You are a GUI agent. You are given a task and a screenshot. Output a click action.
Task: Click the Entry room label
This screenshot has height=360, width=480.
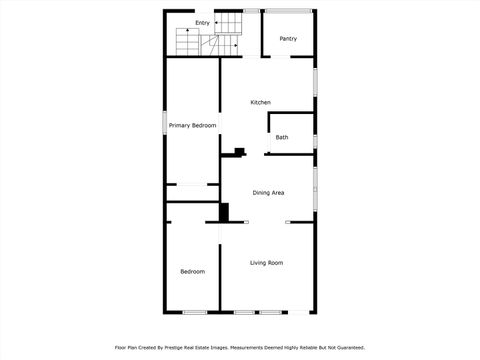point(202,22)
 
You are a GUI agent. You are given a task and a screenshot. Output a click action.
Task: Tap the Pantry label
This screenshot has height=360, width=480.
point(288,39)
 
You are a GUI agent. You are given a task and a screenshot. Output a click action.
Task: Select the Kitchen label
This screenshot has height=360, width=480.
point(260,102)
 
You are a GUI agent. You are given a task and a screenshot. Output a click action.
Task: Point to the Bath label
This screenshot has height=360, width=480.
point(282,137)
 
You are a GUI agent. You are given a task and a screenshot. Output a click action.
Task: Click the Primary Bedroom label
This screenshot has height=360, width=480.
point(192,125)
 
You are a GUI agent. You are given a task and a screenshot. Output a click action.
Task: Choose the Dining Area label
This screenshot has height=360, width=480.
point(268,192)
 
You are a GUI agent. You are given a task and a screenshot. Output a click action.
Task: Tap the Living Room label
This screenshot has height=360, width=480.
point(266,262)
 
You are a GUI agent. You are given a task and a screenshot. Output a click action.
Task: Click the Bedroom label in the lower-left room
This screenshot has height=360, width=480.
point(192,271)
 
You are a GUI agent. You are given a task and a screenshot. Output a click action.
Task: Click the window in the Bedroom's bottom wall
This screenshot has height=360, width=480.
point(194,313)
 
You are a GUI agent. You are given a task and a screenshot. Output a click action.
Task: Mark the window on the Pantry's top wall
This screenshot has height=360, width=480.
point(288,11)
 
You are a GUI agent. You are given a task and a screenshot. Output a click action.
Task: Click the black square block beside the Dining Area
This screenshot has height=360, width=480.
point(224,212)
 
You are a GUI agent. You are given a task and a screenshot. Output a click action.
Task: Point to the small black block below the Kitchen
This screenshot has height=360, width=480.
point(238,153)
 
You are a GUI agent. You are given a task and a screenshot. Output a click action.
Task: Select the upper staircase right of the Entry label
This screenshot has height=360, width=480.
point(231,23)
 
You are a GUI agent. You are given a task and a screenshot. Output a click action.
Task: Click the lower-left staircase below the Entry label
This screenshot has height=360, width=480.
point(188,41)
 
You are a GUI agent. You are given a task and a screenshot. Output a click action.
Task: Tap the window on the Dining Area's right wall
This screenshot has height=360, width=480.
point(316,185)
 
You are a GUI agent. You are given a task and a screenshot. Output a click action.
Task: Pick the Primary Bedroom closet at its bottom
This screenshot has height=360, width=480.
point(192,185)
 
